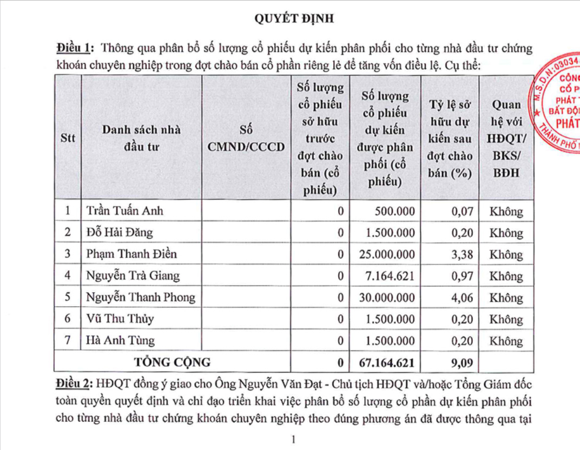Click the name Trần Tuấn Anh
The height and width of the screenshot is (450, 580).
[x=124, y=211]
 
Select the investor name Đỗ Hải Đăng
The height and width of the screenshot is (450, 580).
[x=120, y=233]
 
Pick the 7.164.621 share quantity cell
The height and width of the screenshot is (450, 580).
[x=390, y=276]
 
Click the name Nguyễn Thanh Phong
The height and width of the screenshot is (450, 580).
[x=141, y=297]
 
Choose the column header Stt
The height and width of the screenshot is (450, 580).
[x=68, y=138]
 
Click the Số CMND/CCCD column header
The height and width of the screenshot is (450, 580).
[x=246, y=138]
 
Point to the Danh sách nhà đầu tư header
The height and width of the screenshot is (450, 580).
[x=141, y=138]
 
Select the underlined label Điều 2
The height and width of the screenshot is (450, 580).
[x=75, y=384]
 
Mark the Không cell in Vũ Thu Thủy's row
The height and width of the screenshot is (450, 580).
[x=506, y=319]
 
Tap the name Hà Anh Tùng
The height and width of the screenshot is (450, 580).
[x=120, y=341]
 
